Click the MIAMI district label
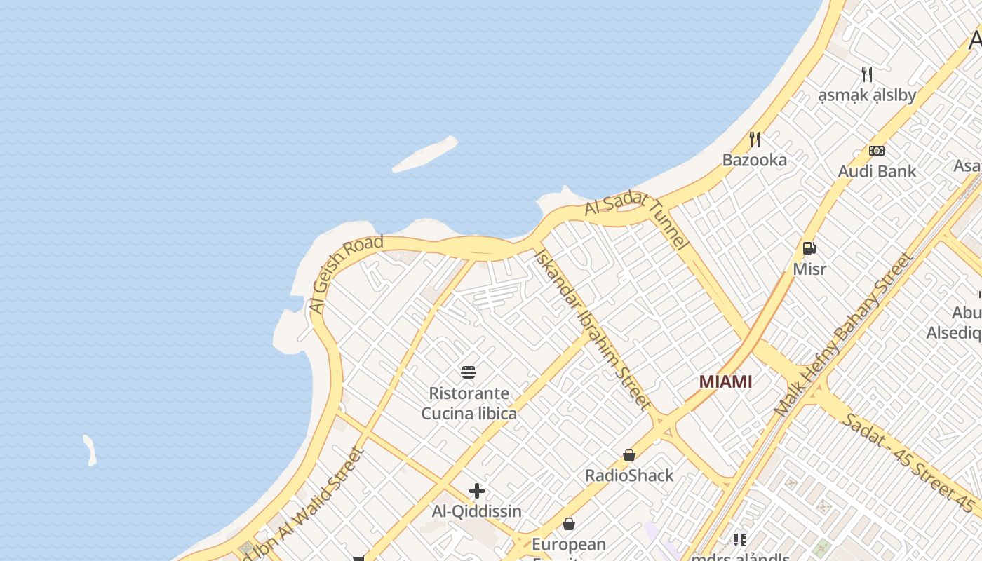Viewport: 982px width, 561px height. tap(725, 381)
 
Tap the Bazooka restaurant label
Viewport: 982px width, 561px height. tap(755, 160)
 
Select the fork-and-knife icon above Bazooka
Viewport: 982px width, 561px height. tap(755, 139)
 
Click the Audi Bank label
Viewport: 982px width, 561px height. tap(877, 171)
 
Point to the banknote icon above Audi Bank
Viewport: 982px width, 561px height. tap(877, 151)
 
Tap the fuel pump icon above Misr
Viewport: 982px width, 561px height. tap(809, 248)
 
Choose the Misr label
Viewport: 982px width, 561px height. tap(809, 269)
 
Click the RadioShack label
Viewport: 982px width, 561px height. tap(629, 475)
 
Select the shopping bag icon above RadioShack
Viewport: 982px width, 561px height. tap(629, 455)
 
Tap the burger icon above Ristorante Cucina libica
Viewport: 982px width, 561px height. tap(469, 372)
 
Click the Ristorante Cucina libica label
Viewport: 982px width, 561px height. tap(469, 403)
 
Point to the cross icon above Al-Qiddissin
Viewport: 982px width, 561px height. tap(477, 491)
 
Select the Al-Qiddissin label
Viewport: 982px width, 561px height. tap(477, 511)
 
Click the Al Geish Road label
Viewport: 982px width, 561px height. tap(346, 273)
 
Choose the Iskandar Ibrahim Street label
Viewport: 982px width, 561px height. tap(593, 327)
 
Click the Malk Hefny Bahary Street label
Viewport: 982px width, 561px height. tap(845, 334)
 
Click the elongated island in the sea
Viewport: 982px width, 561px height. tap(425, 154)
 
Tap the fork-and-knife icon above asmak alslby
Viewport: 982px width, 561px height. tap(867, 74)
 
